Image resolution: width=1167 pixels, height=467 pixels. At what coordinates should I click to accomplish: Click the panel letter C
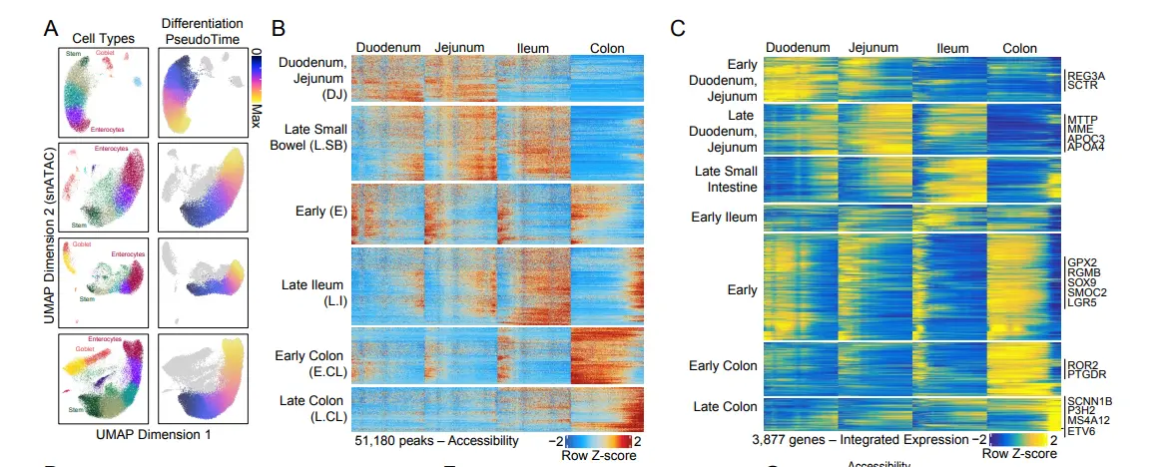coord(678,27)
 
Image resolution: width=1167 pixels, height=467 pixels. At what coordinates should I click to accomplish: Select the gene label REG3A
coord(1086,75)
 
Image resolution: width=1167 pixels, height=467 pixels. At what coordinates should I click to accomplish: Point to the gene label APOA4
coord(1086,148)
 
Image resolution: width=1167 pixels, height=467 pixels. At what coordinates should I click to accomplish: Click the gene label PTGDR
coord(1086,374)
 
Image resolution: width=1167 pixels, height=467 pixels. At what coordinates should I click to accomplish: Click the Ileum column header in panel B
coord(532,47)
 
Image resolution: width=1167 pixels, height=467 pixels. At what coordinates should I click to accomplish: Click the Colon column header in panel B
coord(607,47)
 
